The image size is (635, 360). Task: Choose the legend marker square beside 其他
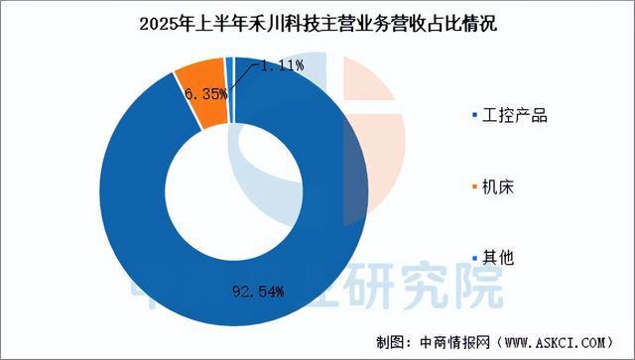(x=474, y=258)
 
